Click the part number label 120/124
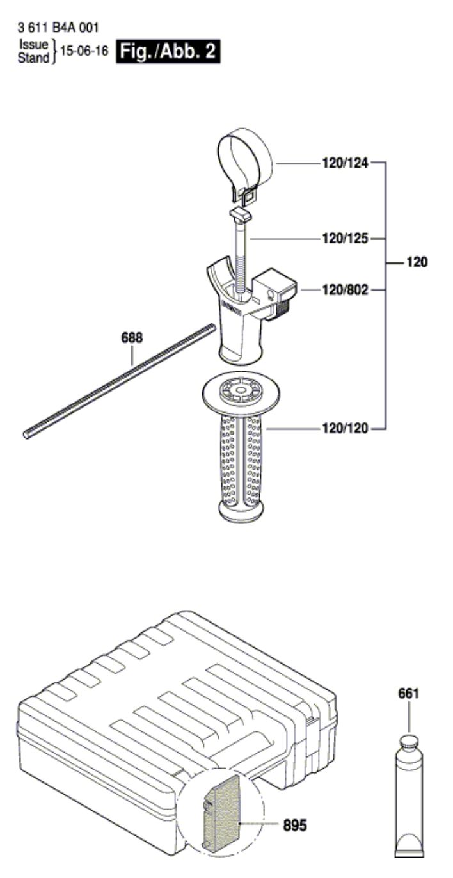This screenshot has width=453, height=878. click(345, 163)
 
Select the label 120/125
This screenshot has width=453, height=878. click(345, 239)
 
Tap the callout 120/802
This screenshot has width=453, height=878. click(345, 290)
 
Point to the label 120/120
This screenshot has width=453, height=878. click(345, 428)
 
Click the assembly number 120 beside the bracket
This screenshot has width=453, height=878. click(417, 262)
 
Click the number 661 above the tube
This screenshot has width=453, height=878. click(408, 692)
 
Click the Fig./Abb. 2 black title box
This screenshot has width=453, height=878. click(168, 52)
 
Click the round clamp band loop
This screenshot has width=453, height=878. click(245, 156)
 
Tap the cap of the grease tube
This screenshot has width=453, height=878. click(408, 744)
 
